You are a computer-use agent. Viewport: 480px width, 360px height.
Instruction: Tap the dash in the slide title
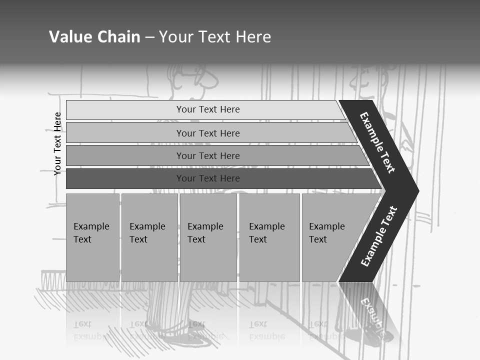(x=149, y=37)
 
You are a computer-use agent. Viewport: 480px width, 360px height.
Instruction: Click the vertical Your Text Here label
(x=57, y=143)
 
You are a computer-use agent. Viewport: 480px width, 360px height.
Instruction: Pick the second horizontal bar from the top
(x=207, y=133)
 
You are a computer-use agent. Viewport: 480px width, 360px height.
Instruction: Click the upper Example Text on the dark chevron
(x=377, y=142)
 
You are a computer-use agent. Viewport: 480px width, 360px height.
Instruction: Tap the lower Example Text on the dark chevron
(x=378, y=236)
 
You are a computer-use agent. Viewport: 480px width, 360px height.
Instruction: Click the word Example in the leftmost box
(x=91, y=226)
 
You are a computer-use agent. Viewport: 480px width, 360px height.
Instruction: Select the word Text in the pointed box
(x=318, y=239)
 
